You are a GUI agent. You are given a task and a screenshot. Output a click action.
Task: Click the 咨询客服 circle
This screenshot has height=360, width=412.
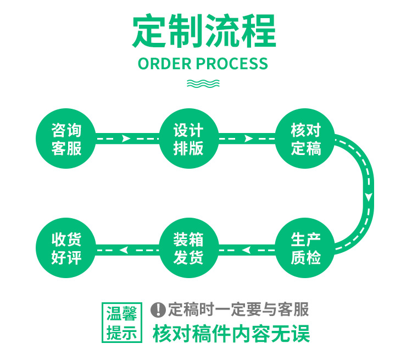(66, 139)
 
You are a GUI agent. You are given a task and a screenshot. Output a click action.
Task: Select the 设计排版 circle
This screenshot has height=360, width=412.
(188, 139)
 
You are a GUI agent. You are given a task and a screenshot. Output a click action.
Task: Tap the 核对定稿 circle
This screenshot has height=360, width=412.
(305, 139)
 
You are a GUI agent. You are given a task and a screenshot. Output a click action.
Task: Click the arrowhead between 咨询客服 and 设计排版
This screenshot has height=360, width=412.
(126, 139)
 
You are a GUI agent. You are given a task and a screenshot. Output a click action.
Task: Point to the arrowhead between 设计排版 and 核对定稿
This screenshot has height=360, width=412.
(248, 139)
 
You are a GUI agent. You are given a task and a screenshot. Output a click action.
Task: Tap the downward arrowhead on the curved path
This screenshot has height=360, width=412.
(369, 196)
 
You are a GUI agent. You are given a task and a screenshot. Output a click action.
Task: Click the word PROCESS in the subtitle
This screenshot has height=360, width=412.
(232, 64)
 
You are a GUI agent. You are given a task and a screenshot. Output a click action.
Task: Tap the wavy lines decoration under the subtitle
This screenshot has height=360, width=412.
(203, 84)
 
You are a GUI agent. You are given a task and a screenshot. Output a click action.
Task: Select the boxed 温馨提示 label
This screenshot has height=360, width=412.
(121, 323)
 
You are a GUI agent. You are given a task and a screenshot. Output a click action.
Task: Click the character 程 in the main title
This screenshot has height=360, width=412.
(258, 31)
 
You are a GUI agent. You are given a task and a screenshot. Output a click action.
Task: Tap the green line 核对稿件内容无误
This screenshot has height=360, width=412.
(231, 334)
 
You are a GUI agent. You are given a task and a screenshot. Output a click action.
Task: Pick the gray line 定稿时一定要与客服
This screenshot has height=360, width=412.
(238, 309)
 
